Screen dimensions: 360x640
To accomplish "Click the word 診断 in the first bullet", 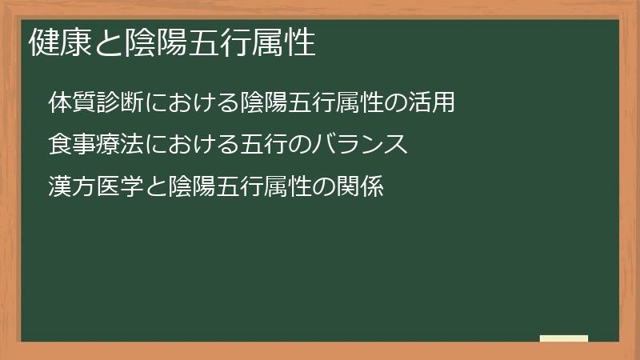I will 121,103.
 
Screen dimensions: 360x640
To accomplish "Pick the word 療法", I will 121,145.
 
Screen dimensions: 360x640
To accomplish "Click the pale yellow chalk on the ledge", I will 564,338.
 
